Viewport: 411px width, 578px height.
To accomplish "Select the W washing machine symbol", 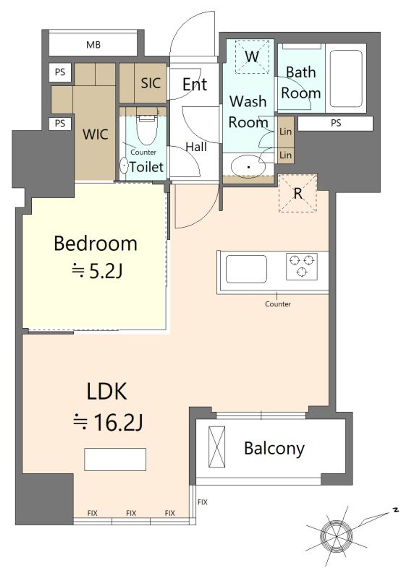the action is coord(252,56).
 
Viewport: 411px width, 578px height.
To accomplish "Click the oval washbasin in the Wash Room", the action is coord(248,166).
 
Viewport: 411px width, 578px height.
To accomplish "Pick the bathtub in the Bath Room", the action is coord(346,79).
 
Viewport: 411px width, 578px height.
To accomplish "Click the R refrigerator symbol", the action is coord(298,194).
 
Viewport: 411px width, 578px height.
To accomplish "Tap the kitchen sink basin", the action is coord(246,269).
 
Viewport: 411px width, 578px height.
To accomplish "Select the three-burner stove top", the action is coord(302,266).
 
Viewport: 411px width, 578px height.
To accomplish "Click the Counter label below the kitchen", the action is coord(278,304).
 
